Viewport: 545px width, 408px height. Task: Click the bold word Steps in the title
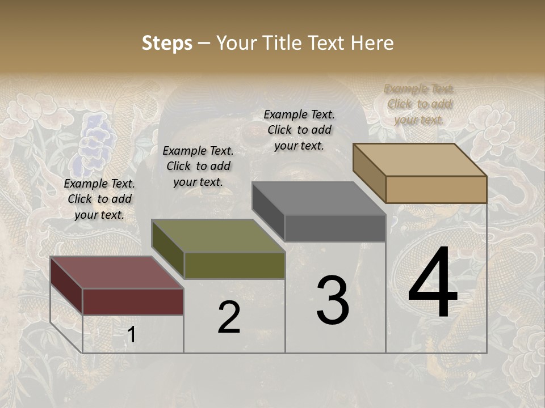(x=167, y=43)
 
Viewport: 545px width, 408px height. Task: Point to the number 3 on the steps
(x=333, y=300)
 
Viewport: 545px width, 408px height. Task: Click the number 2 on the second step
(x=229, y=317)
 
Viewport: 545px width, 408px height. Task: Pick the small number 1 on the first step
(x=132, y=335)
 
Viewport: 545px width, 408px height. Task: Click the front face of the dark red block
(x=133, y=301)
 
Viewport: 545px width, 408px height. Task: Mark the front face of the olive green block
(x=234, y=265)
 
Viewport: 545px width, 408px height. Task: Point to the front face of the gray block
(x=335, y=228)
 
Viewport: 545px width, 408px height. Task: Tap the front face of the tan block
(x=436, y=189)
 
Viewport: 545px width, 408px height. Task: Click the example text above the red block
(x=99, y=199)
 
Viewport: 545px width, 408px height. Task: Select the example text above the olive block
(x=198, y=167)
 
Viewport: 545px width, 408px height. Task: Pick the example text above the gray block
(x=299, y=130)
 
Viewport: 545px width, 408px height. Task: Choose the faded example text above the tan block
(x=419, y=104)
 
